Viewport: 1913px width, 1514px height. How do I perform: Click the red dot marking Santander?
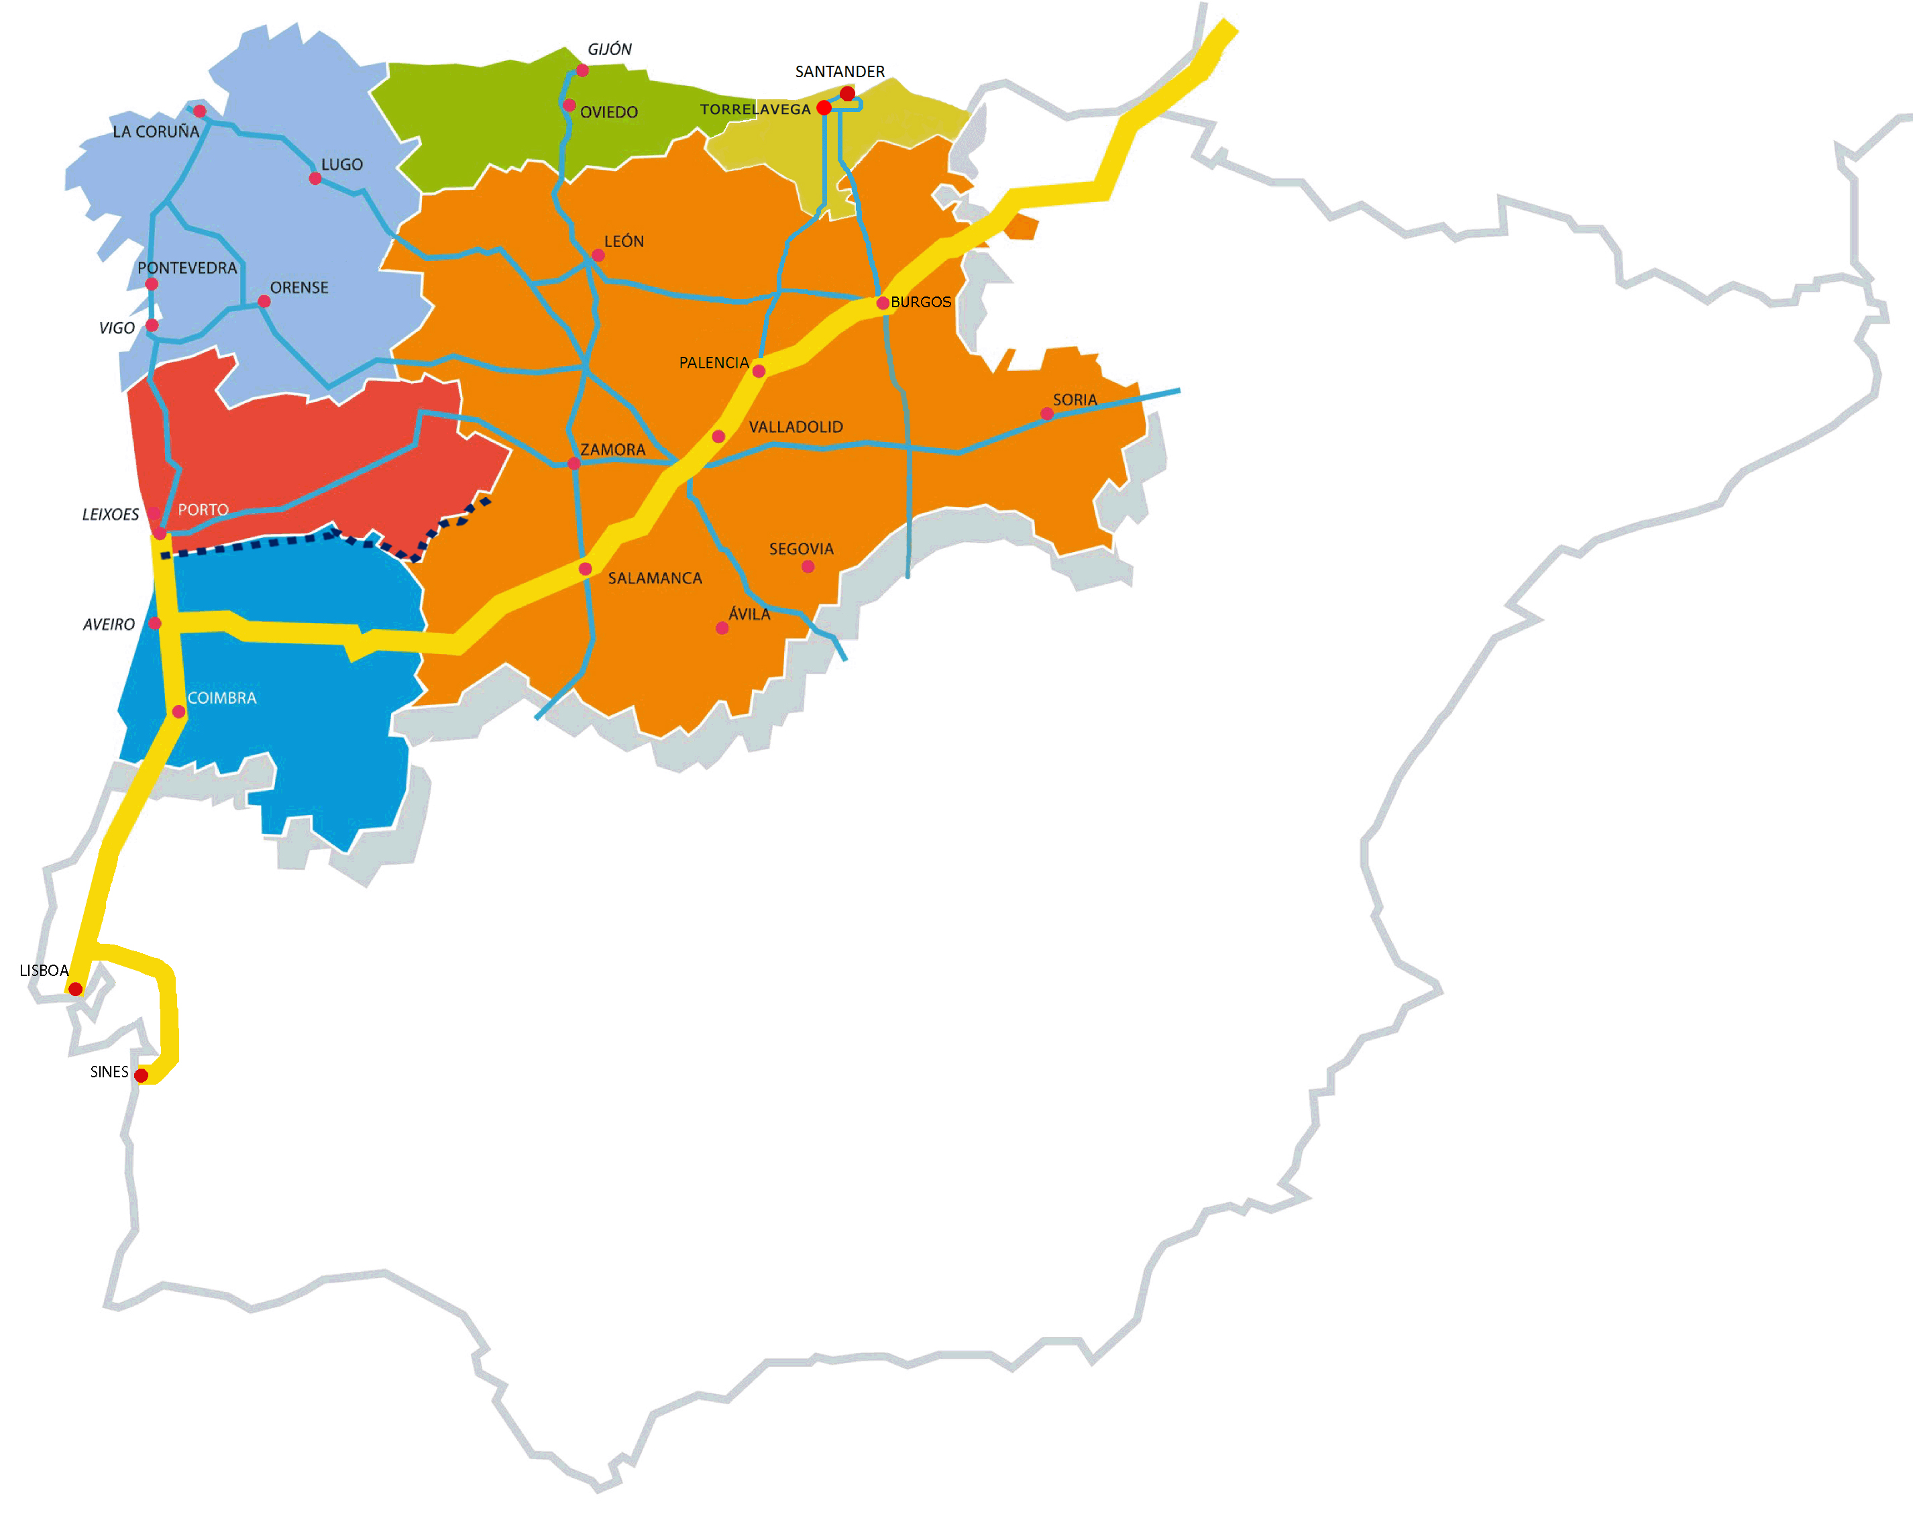coord(847,94)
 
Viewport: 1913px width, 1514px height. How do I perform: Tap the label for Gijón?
coord(610,50)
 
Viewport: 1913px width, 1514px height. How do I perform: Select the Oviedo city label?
coord(609,113)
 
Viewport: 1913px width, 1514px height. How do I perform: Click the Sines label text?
coord(109,1072)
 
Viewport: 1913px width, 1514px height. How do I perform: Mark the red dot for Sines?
coord(141,1075)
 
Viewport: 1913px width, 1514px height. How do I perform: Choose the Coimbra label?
coord(221,698)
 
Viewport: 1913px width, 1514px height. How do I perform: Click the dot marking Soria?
coord(1047,414)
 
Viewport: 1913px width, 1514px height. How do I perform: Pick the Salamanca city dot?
coord(585,569)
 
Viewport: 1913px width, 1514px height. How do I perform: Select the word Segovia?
coord(802,549)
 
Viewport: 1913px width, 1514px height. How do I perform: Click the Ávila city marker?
coord(722,629)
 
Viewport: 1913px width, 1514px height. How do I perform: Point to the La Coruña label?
coord(156,132)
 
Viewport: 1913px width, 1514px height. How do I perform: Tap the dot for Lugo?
coord(315,179)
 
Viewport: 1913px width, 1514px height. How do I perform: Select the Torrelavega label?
coord(755,110)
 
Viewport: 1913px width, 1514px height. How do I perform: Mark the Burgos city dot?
coord(883,303)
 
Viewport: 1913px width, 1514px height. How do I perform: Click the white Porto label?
coord(203,510)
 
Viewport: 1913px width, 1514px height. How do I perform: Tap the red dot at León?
coord(598,256)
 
